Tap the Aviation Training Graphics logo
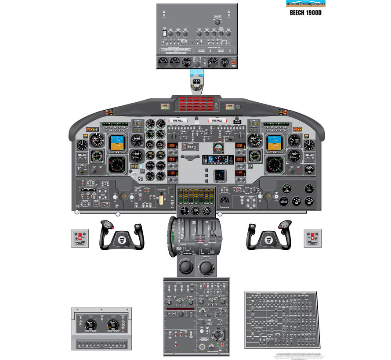[306, 4]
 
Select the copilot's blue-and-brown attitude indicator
[274, 143]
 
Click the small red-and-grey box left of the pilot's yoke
[80, 238]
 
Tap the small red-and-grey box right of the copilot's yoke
[312, 238]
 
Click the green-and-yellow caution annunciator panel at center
[196, 195]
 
